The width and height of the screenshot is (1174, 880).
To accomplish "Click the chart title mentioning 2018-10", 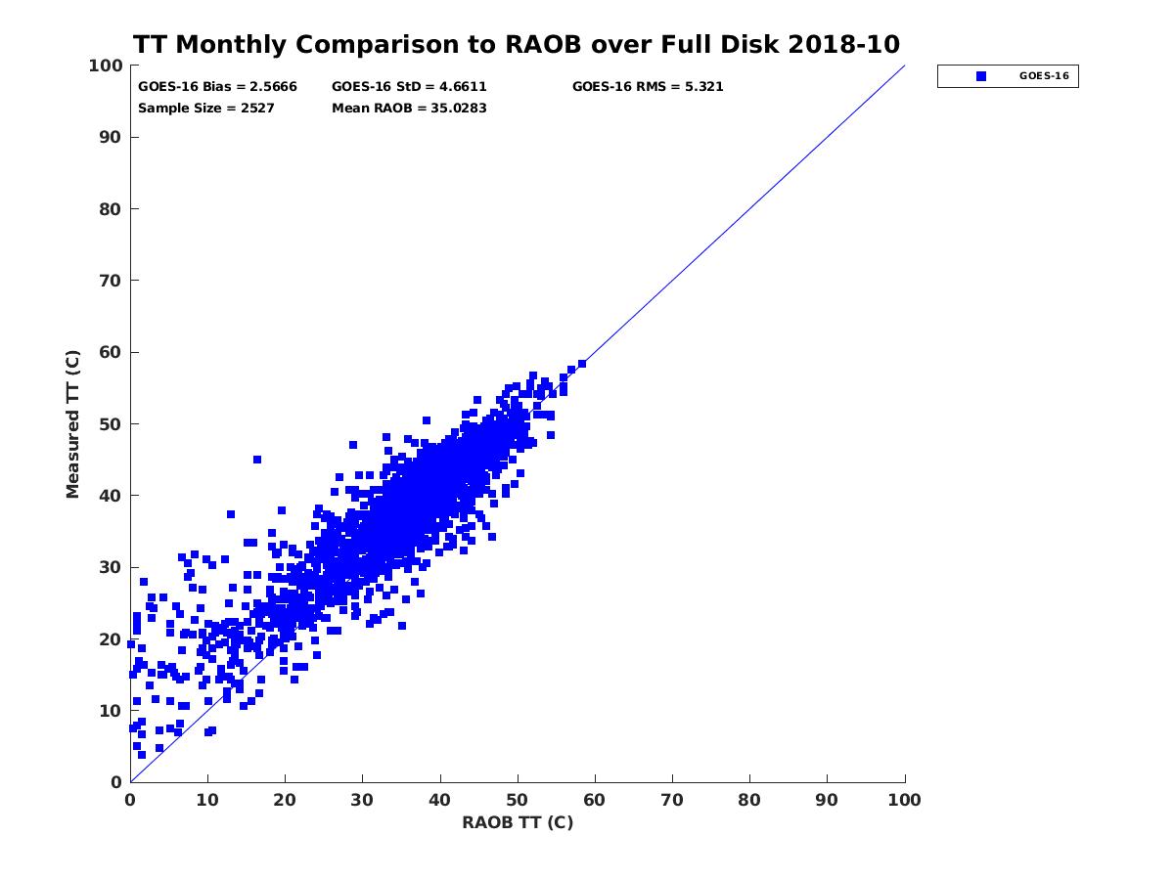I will pyautogui.click(x=517, y=45).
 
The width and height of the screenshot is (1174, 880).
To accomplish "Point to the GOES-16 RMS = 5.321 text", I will pyautogui.click(x=648, y=87).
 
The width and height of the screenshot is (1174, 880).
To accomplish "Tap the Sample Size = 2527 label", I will pyautogui.click(x=205, y=109).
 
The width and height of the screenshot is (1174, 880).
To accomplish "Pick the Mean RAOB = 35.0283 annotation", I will pyautogui.click(x=409, y=109).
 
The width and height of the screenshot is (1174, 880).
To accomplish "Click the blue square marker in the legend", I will pyautogui.click(x=980, y=76).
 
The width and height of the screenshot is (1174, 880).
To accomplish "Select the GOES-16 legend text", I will pyautogui.click(x=1043, y=76).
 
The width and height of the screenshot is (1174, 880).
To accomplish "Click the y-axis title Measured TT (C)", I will pyautogui.click(x=73, y=423).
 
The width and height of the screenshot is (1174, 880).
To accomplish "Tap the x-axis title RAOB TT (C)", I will pyautogui.click(x=518, y=822).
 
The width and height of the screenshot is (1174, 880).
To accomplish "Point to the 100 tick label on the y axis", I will pyautogui.click(x=109, y=66).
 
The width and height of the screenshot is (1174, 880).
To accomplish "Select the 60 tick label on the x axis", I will pyautogui.click(x=595, y=800).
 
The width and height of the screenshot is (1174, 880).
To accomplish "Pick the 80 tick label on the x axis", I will pyautogui.click(x=749, y=800).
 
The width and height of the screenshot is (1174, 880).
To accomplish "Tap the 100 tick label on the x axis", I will pyautogui.click(x=905, y=800).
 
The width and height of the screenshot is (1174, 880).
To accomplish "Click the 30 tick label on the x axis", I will pyautogui.click(x=362, y=800).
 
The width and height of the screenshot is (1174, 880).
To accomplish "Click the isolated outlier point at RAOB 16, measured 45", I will pyautogui.click(x=257, y=460).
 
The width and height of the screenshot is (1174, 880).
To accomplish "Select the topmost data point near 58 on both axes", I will pyautogui.click(x=582, y=364).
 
